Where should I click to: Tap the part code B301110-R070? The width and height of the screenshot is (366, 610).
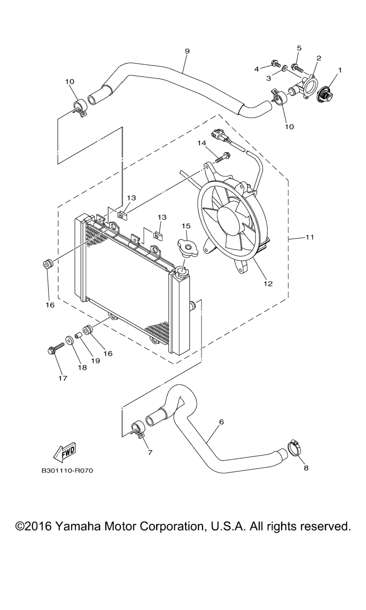coord(67,471)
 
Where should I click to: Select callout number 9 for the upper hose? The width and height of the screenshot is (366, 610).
coord(187,51)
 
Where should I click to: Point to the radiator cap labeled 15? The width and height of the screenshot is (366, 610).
coord(187,247)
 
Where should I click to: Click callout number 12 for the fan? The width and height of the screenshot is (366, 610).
coord(268,284)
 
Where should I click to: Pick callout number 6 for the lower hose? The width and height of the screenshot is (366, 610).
coord(221,422)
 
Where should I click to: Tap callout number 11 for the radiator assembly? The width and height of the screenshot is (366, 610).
coord(310,237)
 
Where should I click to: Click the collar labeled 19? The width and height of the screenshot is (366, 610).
coord(79,335)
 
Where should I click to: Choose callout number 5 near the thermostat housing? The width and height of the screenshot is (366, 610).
coord(299,48)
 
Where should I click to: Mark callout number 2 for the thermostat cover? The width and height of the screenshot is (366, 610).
coord(318,58)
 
